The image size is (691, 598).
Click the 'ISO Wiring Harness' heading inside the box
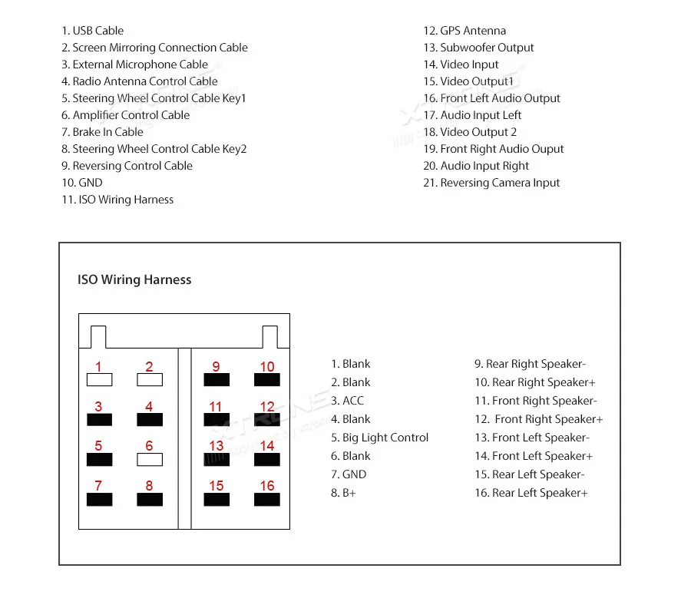point(134,280)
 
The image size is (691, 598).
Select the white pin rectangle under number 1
point(99,379)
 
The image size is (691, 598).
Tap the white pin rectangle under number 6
point(150,459)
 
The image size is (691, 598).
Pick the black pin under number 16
point(267,499)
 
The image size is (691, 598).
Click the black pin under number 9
point(216,379)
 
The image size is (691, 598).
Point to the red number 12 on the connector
point(267,407)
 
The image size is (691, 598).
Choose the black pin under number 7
point(99,499)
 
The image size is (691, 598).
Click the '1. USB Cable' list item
point(92,31)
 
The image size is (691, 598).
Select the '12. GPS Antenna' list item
point(465,31)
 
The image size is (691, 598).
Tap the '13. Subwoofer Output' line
point(478,48)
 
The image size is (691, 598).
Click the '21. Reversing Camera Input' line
point(491,183)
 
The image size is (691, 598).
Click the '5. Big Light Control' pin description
point(380,438)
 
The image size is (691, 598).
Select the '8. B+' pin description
point(343,493)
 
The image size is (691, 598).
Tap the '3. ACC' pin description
point(347,401)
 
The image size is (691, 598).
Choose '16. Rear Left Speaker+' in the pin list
point(531,493)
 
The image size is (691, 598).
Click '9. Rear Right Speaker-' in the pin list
point(530,364)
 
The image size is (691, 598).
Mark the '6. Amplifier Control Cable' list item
point(125,115)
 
